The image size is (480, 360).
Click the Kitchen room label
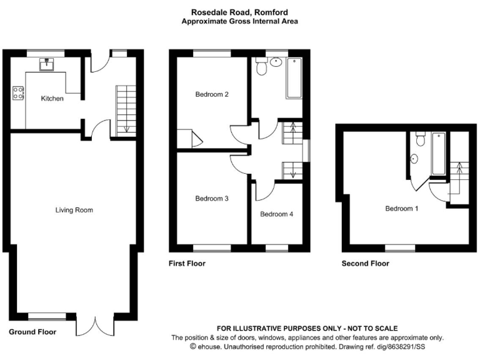tap(52, 99)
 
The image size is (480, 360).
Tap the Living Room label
tap(74, 210)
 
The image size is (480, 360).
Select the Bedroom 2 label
tap(211, 95)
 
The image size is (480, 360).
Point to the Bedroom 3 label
tap(211, 199)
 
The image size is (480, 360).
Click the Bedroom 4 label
tap(276, 214)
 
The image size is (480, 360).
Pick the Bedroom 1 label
tap(401, 209)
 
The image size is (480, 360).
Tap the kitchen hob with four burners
tap(18, 94)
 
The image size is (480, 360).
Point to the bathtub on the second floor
tap(439, 154)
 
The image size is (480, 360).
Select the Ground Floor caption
tap(32, 332)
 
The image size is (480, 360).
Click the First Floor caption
tap(187, 264)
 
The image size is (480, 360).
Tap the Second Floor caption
tap(365, 264)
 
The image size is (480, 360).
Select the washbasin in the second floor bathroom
tap(414, 159)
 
